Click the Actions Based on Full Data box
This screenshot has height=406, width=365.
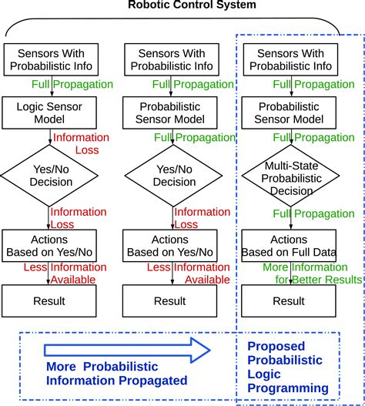(x=290, y=245)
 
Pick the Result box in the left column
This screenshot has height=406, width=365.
(x=49, y=300)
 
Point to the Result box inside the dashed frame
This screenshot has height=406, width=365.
(x=290, y=300)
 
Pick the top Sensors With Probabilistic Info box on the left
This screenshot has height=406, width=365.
(x=49, y=59)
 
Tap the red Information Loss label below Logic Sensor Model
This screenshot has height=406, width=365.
(x=75, y=144)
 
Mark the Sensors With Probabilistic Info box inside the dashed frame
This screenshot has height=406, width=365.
(x=290, y=59)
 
